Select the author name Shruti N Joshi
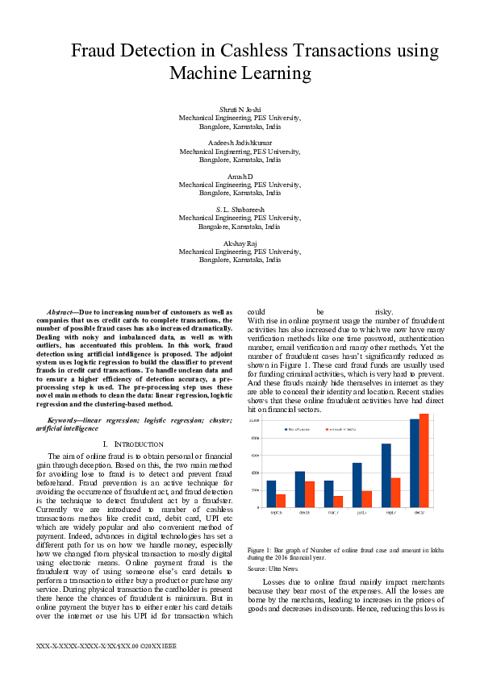pos(240,108)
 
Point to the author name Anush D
pos(240,175)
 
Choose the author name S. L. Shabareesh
pos(240,208)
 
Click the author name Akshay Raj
pos(240,242)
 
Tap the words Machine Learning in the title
pos(240,73)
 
